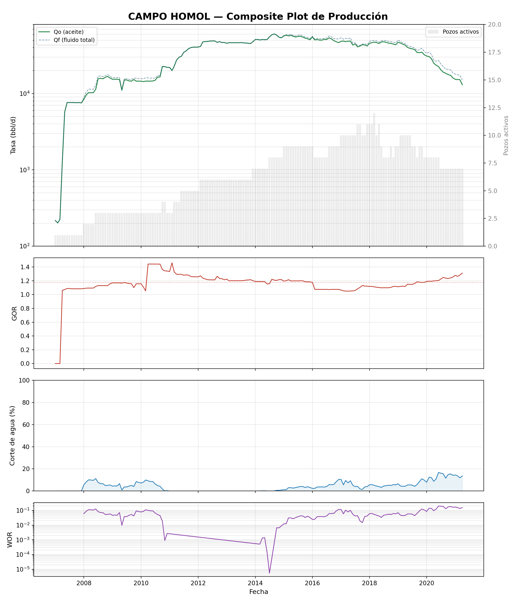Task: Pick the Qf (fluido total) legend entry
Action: (x=67, y=40)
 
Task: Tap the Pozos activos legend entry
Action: (x=453, y=32)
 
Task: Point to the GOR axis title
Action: (x=14, y=314)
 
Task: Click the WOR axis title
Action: (x=10, y=540)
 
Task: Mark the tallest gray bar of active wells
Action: (x=374, y=180)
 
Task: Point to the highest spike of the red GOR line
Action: (x=172, y=263)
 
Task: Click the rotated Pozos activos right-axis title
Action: (x=506, y=135)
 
